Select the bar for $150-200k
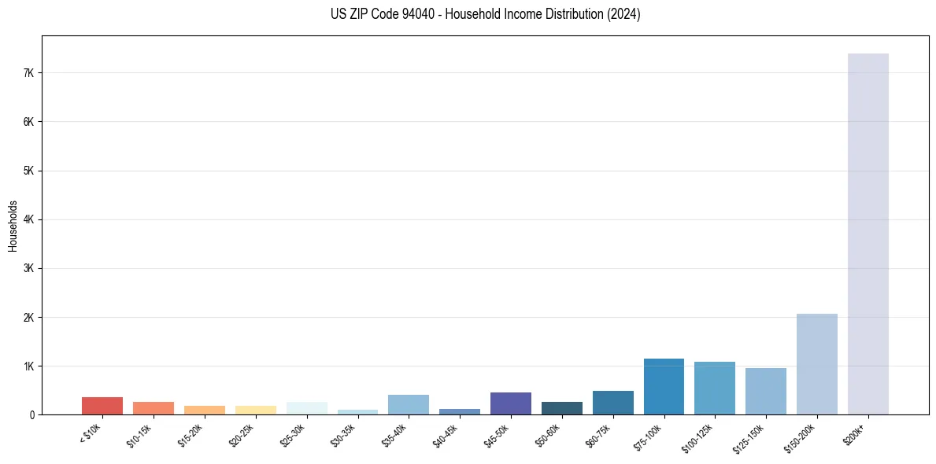click(816, 364)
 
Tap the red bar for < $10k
click(102, 406)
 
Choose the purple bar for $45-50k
click(510, 403)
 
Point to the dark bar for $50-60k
click(561, 408)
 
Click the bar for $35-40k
click(408, 405)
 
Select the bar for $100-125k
click(715, 389)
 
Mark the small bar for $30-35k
click(357, 412)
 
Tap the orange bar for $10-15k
click(154, 408)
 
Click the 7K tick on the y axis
click(29, 73)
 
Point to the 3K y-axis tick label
click(29, 268)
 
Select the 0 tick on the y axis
click(32, 414)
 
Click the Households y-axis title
click(13, 226)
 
